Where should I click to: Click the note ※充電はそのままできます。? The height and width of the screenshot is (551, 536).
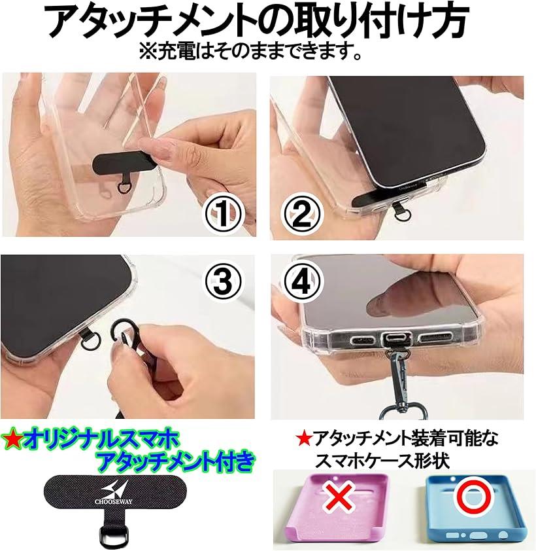click(x=249, y=50)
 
